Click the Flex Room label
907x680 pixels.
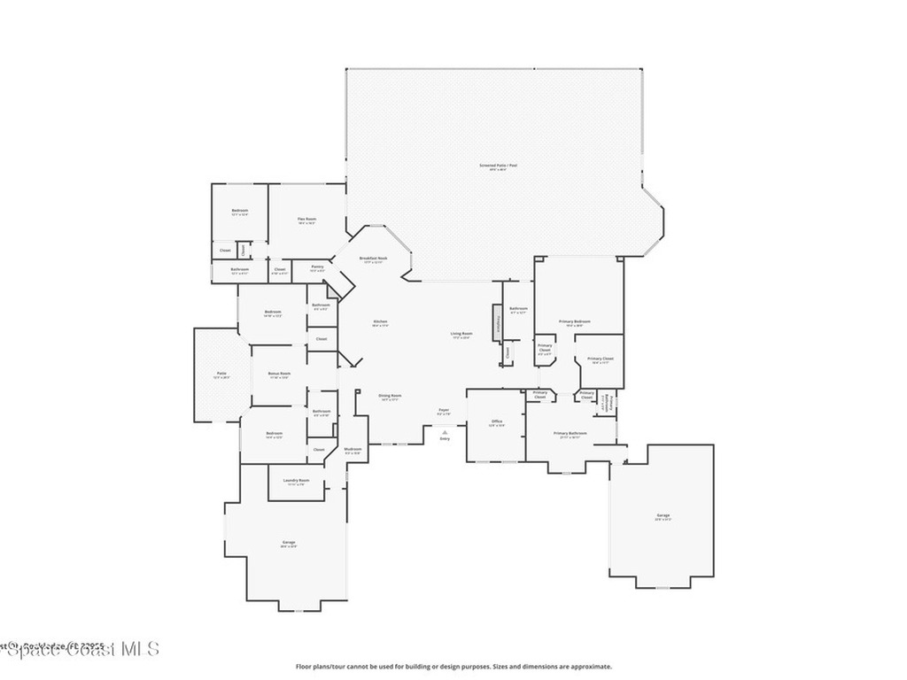[x=307, y=220]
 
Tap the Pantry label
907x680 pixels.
[x=317, y=266]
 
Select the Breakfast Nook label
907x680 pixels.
[x=373, y=259]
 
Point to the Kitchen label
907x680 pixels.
[x=380, y=321]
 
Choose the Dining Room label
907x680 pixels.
[x=391, y=396]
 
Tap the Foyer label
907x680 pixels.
[x=444, y=410]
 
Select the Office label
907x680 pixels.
[x=497, y=421]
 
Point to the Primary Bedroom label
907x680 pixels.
[x=575, y=321]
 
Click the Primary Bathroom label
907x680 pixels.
[x=570, y=434]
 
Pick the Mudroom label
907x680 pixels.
[x=353, y=450]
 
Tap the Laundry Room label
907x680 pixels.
[x=296, y=481]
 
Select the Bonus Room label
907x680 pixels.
[x=279, y=374]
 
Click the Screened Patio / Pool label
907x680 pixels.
[x=498, y=166]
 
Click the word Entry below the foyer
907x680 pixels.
[x=445, y=439]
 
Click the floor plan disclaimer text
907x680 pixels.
[x=453, y=667]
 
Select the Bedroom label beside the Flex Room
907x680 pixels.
[x=240, y=211]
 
